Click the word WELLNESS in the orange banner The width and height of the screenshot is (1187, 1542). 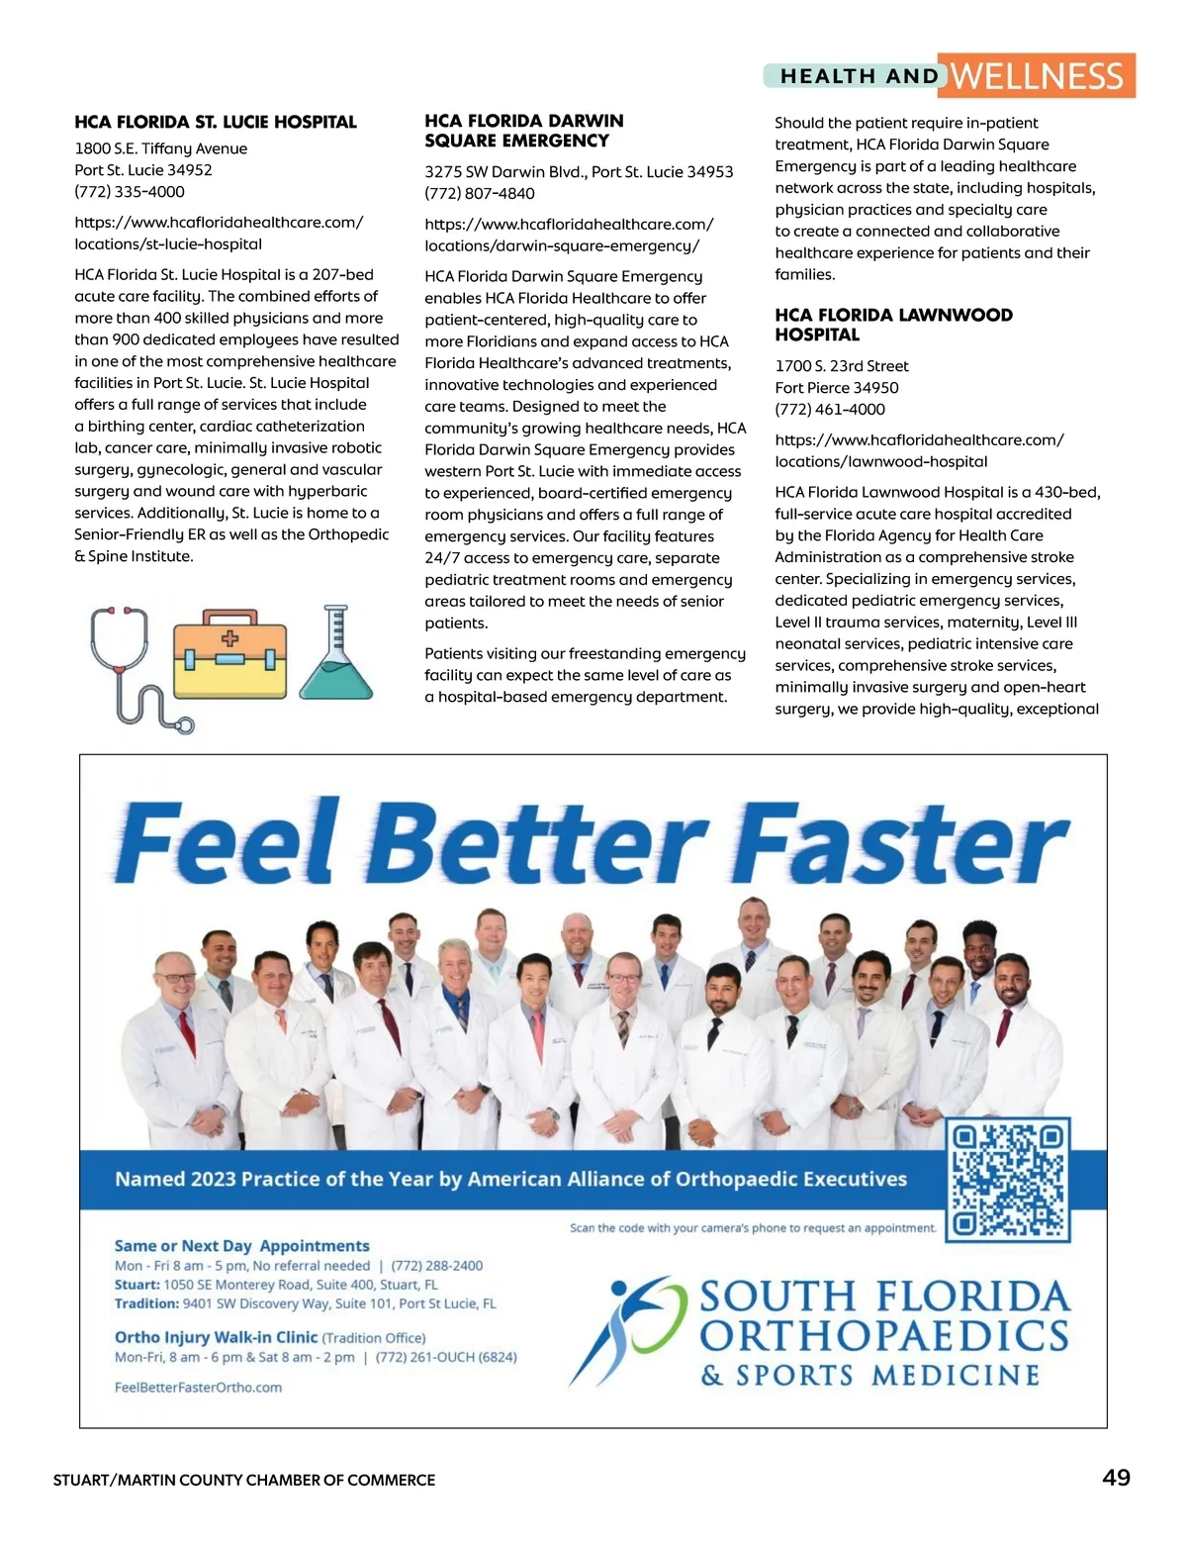(x=1036, y=76)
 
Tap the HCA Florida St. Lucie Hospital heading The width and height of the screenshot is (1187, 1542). (x=216, y=122)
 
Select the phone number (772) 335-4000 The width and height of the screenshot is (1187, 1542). (x=130, y=191)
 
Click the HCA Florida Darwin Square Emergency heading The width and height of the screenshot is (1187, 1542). (x=524, y=131)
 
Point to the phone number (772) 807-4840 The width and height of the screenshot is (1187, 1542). (x=480, y=193)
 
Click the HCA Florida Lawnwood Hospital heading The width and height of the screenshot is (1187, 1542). (x=893, y=325)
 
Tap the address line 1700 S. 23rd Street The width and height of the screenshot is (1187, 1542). (x=842, y=366)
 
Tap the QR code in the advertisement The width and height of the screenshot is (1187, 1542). (x=1009, y=1179)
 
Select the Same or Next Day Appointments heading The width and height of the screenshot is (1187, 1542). (x=241, y=1246)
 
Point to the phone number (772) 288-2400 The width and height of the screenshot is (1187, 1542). (x=437, y=1266)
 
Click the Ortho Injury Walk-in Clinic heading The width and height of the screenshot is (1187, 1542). (x=216, y=1337)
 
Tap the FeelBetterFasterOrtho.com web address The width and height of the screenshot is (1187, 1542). (x=198, y=1388)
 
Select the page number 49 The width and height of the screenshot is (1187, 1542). (x=1116, y=1478)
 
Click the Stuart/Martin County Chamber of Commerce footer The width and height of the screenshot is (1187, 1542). (x=244, y=1480)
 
